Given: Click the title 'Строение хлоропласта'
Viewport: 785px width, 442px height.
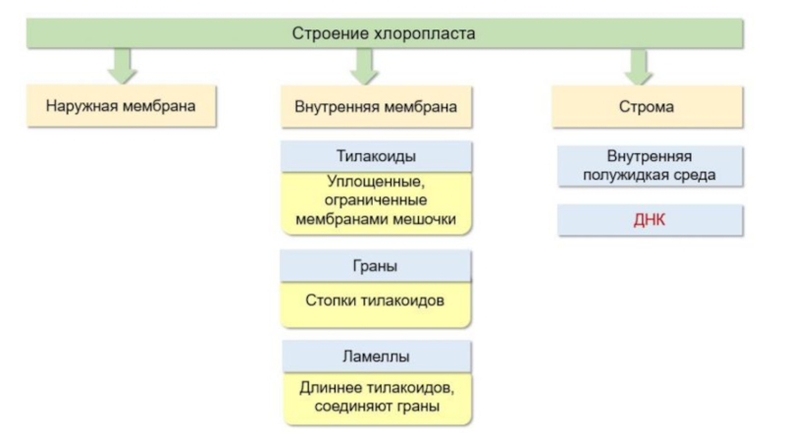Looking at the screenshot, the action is pos(384,33).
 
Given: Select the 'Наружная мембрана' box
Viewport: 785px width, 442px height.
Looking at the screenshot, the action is pos(121,106).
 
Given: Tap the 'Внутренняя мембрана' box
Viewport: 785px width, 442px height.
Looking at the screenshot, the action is pos(376,107).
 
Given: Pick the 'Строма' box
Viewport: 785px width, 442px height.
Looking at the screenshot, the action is pos(647,107).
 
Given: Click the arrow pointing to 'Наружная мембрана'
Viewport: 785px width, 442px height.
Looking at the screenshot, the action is pos(122,66).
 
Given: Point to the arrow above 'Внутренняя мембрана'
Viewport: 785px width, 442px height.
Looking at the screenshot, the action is pos(364,66).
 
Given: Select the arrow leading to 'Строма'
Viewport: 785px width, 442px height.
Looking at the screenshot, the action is pos(639,66).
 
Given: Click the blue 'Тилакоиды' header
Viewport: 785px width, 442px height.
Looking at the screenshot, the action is pos(376,156).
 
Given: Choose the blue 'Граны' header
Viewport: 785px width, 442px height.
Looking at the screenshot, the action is pos(376,265).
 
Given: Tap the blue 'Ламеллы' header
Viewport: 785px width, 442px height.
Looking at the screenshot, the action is pos(377,357).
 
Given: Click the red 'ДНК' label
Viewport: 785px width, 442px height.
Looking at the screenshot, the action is pos(650,220).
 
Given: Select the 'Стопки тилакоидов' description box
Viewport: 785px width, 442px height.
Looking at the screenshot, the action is pos(376,304).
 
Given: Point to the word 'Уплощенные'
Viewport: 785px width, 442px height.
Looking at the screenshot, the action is pos(376,182).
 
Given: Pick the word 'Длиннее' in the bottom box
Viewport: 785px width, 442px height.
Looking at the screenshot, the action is pos(331,388).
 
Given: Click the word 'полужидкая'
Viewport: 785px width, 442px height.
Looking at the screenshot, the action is pos(619,176).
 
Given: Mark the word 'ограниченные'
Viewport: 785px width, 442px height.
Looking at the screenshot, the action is pos(376,200).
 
